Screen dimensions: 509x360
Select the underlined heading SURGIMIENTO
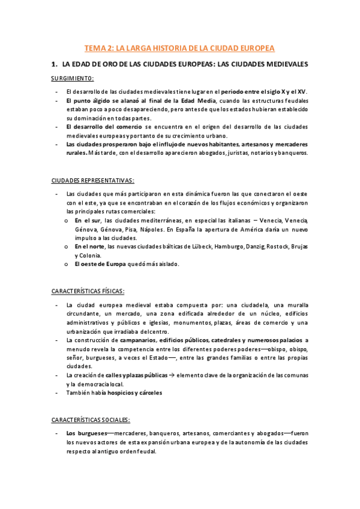pyautogui.click(x=72, y=79)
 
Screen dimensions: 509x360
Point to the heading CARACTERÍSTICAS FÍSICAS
pyautogui.click(x=88, y=291)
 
